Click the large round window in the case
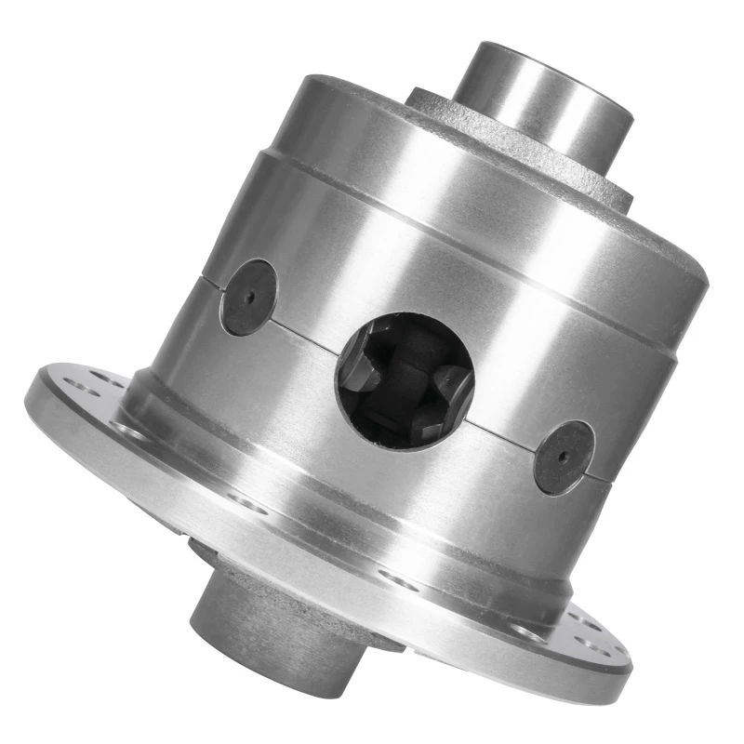pos(405,379)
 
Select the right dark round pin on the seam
pos(565,457)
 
